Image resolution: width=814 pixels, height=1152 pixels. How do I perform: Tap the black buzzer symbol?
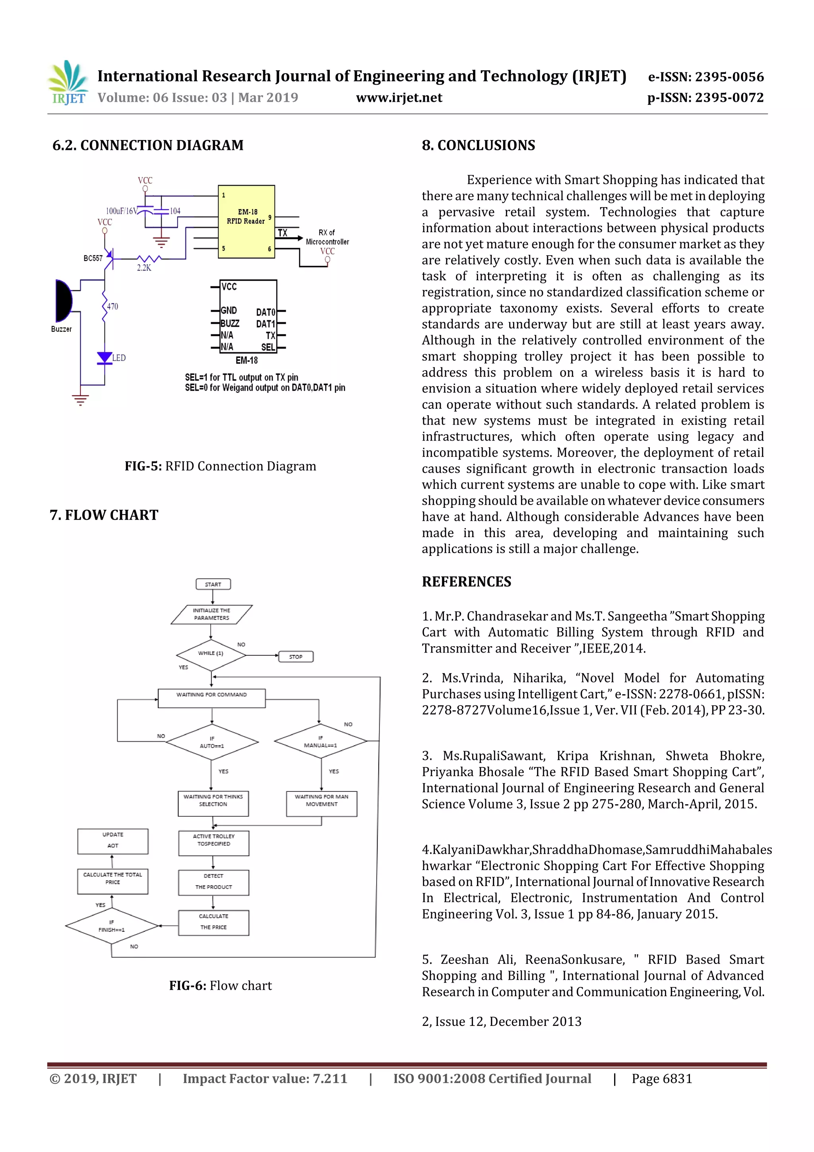pos(63,301)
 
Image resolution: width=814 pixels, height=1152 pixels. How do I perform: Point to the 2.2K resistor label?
pos(144,268)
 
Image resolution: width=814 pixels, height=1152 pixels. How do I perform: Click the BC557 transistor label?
pos(93,258)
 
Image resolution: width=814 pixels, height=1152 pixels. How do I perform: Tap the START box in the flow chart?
pos(213,584)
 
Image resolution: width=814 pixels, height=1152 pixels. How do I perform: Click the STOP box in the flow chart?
pos(296,656)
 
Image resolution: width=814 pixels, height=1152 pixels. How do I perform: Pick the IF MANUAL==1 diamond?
pos(320,741)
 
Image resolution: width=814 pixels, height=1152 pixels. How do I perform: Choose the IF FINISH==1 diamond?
pos(111,926)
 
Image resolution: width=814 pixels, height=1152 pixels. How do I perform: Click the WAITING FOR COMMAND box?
pos(212,698)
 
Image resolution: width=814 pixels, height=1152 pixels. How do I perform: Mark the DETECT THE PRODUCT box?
pos(214,882)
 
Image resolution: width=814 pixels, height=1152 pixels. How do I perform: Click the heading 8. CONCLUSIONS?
pos(479,146)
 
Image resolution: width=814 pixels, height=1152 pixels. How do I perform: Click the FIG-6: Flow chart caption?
pos(220,985)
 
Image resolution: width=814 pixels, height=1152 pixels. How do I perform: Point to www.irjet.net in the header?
pos(399,97)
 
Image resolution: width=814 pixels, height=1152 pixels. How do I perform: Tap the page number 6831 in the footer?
pos(677,1079)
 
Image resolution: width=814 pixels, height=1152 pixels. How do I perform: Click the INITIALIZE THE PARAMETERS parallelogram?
pos(212,614)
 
